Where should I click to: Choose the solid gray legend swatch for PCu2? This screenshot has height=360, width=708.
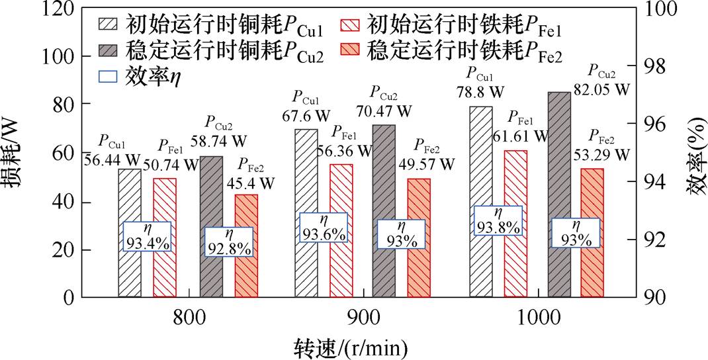pyautogui.click(x=107, y=50)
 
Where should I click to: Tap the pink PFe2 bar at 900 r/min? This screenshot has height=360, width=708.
pyautogui.click(x=418, y=238)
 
